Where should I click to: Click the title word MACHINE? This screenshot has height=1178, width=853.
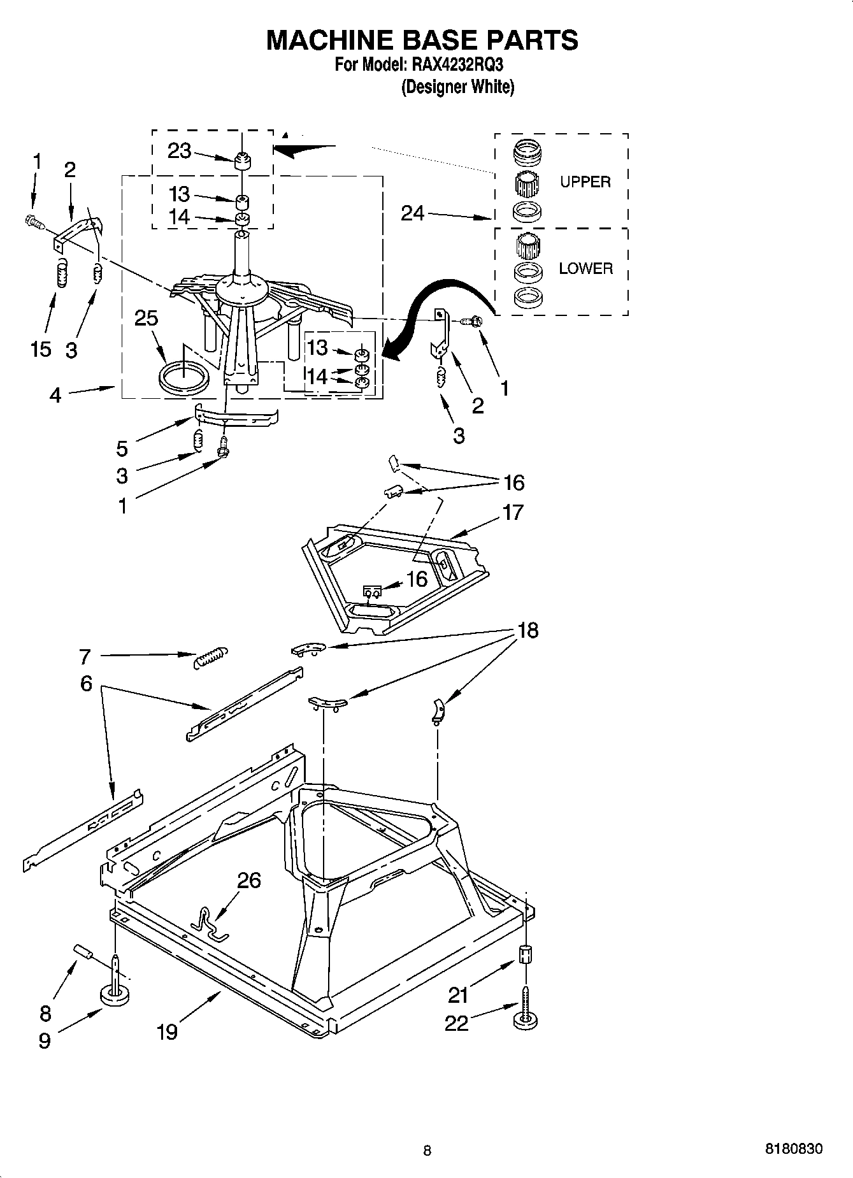pyautogui.click(x=329, y=40)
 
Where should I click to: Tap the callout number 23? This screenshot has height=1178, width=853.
pyautogui.click(x=179, y=151)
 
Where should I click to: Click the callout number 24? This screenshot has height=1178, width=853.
pyautogui.click(x=413, y=213)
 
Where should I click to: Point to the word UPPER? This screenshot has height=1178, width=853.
pyautogui.click(x=585, y=182)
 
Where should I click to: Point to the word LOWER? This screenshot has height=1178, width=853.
pyautogui.click(x=585, y=269)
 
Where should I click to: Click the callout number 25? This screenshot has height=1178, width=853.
pyautogui.click(x=146, y=318)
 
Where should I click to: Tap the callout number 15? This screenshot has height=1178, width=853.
pyautogui.click(x=40, y=349)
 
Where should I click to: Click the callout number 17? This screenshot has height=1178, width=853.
pyautogui.click(x=513, y=512)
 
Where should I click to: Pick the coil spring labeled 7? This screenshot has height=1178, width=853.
pyautogui.click(x=210, y=656)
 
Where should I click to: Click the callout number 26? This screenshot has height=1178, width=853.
pyautogui.click(x=249, y=880)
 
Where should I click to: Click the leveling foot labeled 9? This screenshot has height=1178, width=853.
pyautogui.click(x=115, y=995)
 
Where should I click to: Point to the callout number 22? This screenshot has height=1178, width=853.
pyautogui.click(x=456, y=1023)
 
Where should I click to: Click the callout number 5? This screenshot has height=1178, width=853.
pyautogui.click(x=122, y=449)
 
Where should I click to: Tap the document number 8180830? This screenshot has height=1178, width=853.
pyautogui.click(x=793, y=1149)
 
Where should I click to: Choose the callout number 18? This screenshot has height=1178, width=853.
pyautogui.click(x=527, y=630)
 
